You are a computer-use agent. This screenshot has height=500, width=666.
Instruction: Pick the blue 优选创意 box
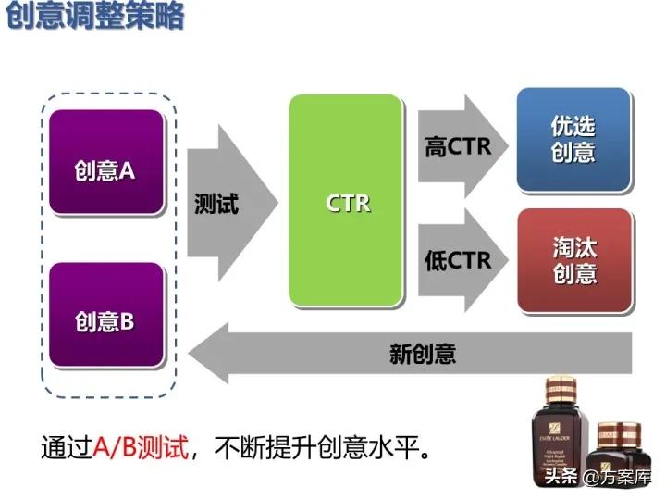[573, 139]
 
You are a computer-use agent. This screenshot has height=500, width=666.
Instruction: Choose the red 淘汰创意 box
[573, 260]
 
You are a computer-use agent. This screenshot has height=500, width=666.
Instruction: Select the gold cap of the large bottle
[561, 386]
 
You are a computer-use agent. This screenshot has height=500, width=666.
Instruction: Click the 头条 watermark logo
[561, 478]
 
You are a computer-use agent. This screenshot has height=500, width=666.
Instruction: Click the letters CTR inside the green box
[348, 203]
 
